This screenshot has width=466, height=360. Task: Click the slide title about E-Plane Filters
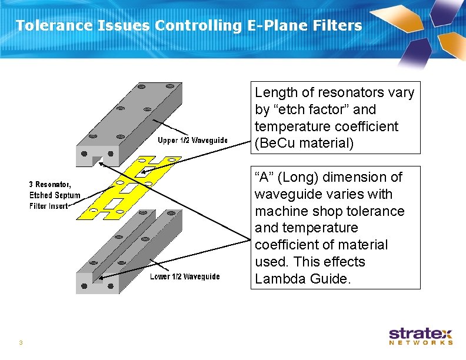tap(188, 25)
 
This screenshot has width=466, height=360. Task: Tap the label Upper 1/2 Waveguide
tap(192, 140)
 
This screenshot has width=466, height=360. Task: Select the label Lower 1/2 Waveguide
tap(185, 276)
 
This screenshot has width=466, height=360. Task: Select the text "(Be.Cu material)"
tap(304, 143)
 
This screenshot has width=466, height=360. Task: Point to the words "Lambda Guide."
tap(302, 279)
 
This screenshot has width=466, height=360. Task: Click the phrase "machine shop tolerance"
tap(329, 211)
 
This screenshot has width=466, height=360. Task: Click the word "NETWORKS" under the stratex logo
tap(421, 342)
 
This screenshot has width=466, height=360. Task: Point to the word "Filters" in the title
tap(341, 25)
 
